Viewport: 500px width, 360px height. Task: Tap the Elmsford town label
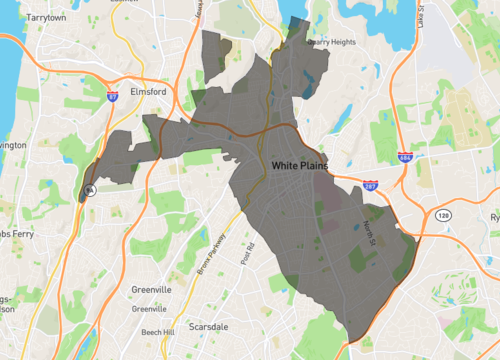[148, 91]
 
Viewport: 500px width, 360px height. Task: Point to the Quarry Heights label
[333, 42]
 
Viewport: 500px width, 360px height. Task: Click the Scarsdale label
[209, 327]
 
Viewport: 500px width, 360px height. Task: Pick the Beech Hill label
[158, 331]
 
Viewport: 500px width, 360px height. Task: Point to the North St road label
[366, 225]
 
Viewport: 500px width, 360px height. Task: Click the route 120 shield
[442, 214]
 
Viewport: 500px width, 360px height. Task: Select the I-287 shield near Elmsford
[113, 96]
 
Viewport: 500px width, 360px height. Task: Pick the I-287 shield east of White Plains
[371, 187]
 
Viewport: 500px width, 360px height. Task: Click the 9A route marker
[89, 189]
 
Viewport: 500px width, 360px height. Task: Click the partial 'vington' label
[12, 145]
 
